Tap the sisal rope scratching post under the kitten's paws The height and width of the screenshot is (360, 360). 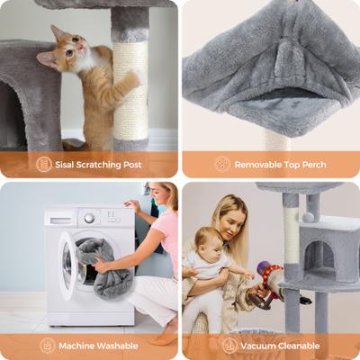pyautogui.click(x=130, y=99)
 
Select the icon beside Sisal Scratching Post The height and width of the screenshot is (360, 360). pyautogui.click(x=43, y=164)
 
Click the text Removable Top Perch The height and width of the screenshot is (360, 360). pyautogui.click(x=281, y=164)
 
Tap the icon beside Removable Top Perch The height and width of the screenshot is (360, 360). pyautogui.click(x=222, y=164)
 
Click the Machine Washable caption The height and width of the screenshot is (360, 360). pyautogui.click(x=98, y=346)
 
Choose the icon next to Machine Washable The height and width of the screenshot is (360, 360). pyautogui.click(x=47, y=346)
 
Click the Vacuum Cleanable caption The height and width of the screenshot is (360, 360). pyautogui.click(x=281, y=346)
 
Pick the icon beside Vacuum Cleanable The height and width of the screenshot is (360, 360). pyautogui.click(x=230, y=346)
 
